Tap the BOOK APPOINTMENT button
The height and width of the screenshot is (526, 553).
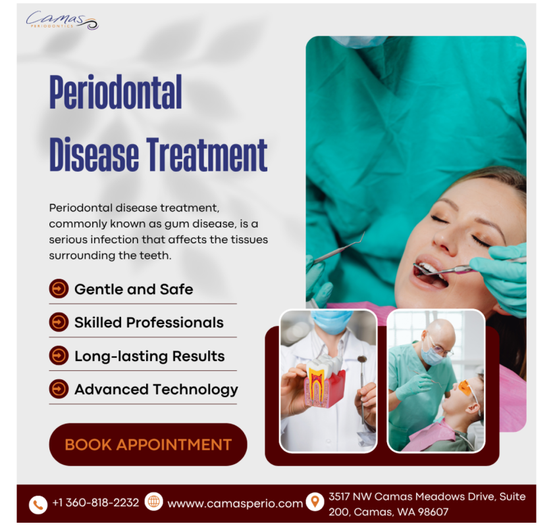(x=148, y=444)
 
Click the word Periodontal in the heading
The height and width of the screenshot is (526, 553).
(x=115, y=93)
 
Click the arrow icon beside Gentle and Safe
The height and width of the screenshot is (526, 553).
(x=59, y=289)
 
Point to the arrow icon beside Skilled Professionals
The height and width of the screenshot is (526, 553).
(x=59, y=322)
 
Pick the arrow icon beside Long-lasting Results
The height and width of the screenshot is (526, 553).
(x=59, y=356)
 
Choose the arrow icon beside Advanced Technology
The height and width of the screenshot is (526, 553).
(x=59, y=389)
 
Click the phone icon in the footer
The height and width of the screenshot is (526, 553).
(x=38, y=504)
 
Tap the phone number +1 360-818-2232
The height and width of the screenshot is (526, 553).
(x=95, y=502)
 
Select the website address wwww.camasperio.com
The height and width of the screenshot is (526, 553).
(x=235, y=504)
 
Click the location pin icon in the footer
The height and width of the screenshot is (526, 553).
(x=315, y=502)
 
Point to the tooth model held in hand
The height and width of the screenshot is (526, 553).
(x=323, y=385)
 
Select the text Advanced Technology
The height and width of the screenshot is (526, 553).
(x=156, y=389)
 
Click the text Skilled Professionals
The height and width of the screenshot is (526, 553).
(x=149, y=322)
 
